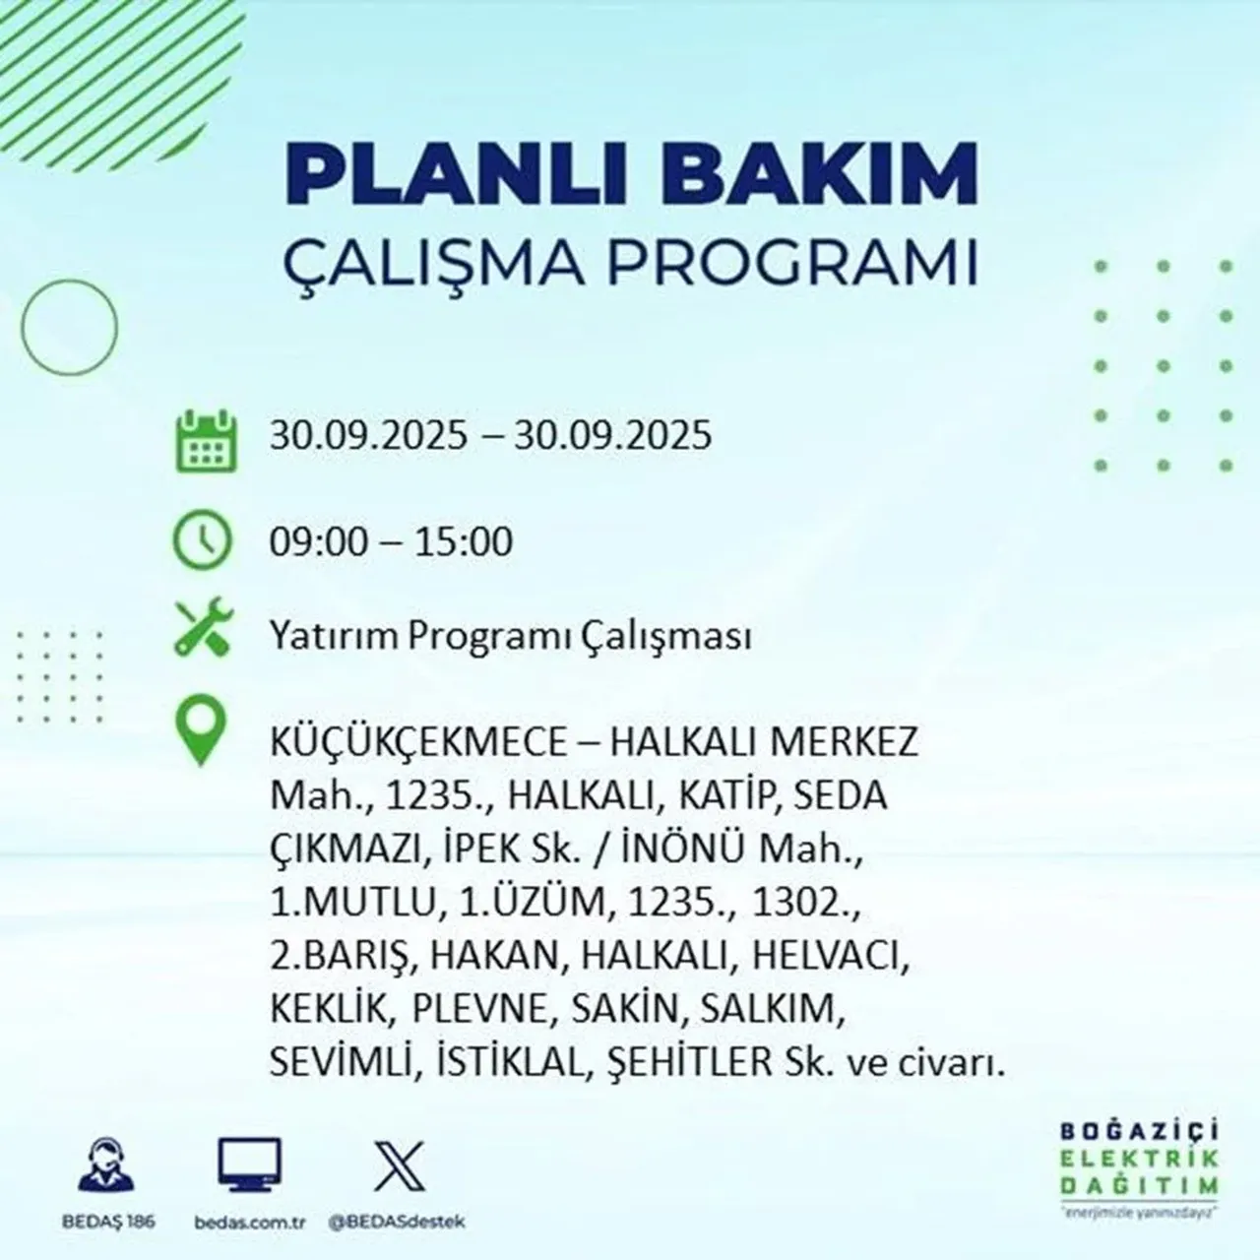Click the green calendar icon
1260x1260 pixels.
click(206, 439)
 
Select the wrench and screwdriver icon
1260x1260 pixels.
click(203, 630)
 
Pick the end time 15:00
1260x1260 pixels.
click(465, 542)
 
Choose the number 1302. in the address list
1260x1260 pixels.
click(801, 903)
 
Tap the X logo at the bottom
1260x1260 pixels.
click(400, 1166)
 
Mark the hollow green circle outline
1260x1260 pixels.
click(69, 326)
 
